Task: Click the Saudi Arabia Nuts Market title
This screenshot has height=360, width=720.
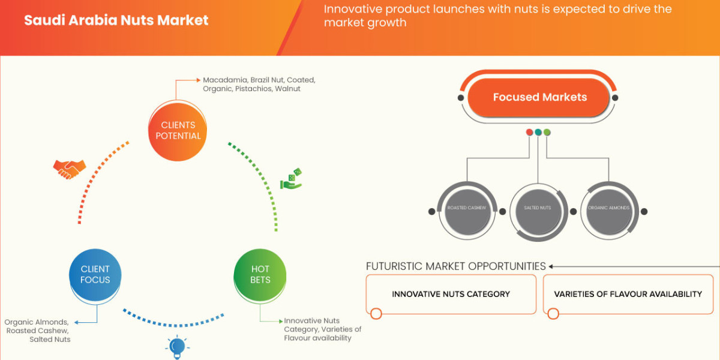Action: (x=116, y=20)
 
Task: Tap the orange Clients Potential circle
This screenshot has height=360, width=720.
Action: (x=178, y=130)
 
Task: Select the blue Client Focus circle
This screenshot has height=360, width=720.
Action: (x=95, y=275)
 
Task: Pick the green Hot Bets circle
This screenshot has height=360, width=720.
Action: (x=260, y=275)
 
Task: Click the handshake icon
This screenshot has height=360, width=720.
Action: (x=69, y=169)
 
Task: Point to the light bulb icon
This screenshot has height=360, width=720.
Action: (x=176, y=346)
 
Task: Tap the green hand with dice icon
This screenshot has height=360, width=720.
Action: (x=292, y=179)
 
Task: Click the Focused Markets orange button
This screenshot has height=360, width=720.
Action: (x=539, y=97)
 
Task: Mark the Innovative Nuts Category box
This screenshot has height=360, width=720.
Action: (x=451, y=294)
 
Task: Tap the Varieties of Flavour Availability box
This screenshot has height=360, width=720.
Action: (x=628, y=294)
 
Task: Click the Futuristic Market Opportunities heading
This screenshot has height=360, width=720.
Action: (x=455, y=266)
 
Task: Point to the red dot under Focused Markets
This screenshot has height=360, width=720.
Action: (x=529, y=132)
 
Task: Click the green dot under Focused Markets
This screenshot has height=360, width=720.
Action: (x=547, y=132)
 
